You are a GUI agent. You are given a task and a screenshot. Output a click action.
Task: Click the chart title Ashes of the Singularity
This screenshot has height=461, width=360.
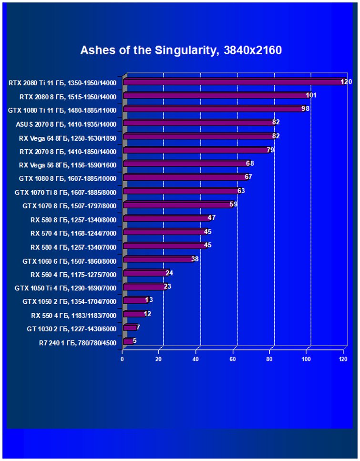(x=181, y=50)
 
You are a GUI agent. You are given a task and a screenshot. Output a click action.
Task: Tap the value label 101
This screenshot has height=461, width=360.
(x=311, y=95)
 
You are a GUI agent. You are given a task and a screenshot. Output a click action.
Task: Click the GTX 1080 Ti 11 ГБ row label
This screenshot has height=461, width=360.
(x=62, y=110)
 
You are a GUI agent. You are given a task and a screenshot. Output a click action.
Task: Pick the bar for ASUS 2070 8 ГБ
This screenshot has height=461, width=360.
(x=197, y=123)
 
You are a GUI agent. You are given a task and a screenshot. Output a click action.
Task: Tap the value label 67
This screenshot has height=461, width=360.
(x=248, y=177)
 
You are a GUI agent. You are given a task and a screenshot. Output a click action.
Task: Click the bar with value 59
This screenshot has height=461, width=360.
(x=177, y=205)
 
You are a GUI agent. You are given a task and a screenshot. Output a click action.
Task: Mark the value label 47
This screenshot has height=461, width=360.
(x=212, y=218)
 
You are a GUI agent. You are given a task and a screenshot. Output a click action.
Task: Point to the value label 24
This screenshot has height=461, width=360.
(x=169, y=273)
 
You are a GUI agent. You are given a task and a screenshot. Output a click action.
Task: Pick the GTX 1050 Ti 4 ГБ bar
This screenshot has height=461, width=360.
(x=144, y=287)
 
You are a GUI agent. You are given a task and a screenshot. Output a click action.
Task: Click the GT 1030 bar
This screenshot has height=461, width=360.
(x=129, y=328)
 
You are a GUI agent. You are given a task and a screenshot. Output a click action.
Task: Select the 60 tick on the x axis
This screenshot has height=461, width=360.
(x=233, y=359)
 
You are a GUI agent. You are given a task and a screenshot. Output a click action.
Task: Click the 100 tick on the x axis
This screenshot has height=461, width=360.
(x=306, y=359)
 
